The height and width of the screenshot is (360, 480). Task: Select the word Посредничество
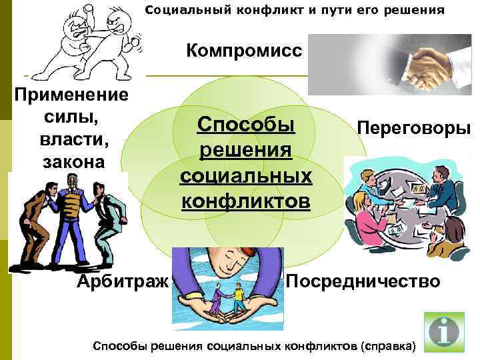(x=363, y=281)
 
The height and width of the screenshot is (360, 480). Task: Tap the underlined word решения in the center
(x=246, y=151)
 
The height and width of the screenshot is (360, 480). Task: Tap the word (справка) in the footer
(x=387, y=346)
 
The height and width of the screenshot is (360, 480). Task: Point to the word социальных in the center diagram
(x=246, y=175)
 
